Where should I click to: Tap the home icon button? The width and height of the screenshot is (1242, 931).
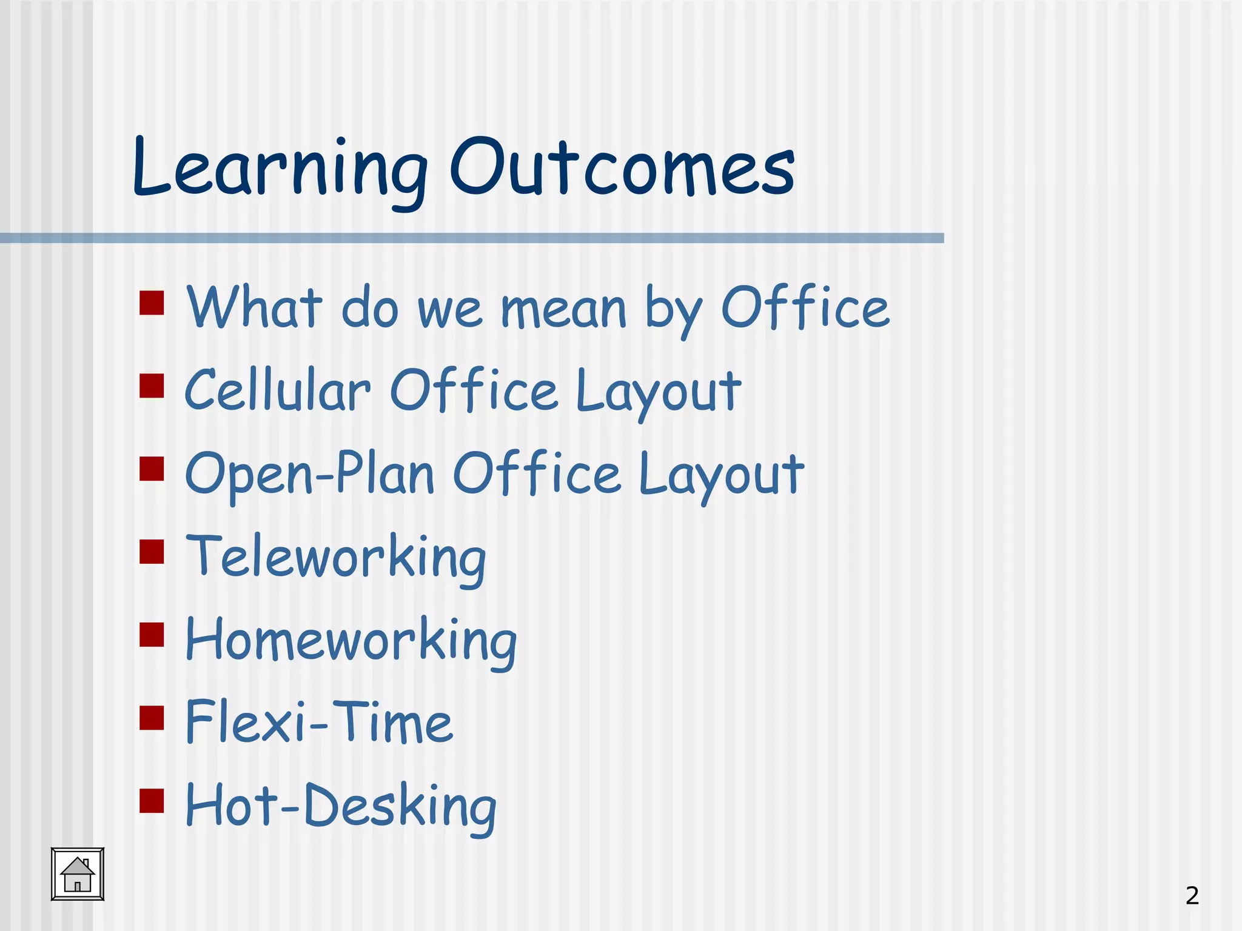pyautogui.click(x=78, y=874)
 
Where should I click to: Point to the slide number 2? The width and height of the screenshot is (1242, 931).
pyautogui.click(x=1192, y=895)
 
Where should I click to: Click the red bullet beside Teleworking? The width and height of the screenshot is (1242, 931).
pyautogui.click(x=152, y=552)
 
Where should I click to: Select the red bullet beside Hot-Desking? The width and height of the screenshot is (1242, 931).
pyautogui.click(x=152, y=800)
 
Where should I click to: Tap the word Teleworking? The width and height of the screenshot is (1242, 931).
pyautogui.click(x=336, y=557)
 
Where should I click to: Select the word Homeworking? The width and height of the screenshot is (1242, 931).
pyautogui.click(x=351, y=640)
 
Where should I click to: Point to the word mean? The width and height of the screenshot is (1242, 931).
pyautogui.click(x=563, y=309)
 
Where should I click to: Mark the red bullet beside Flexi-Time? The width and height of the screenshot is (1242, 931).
pyautogui.click(x=152, y=718)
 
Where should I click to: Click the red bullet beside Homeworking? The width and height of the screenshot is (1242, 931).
pyautogui.click(x=152, y=635)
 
